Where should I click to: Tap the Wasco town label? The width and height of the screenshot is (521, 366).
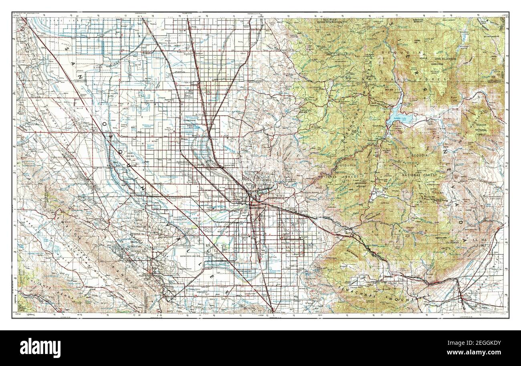click(185, 140)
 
